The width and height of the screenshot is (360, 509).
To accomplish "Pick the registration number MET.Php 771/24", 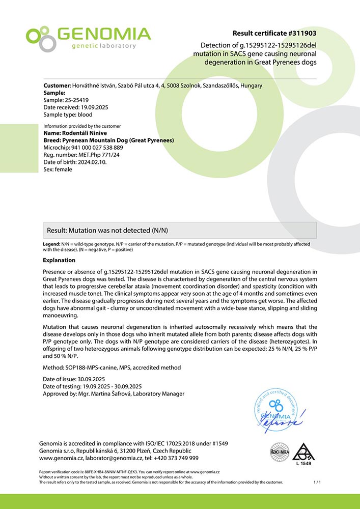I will click(x=99, y=155).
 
